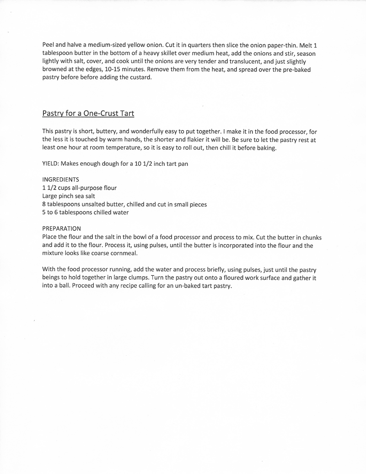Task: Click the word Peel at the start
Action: (49, 45)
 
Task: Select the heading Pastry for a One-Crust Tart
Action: (88, 113)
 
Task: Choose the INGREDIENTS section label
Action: (61, 180)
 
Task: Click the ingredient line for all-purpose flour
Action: (79, 188)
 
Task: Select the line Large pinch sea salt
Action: (69, 196)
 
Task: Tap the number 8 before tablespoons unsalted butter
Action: (44, 204)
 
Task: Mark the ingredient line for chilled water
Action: (86, 212)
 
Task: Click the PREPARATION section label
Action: (61, 229)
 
